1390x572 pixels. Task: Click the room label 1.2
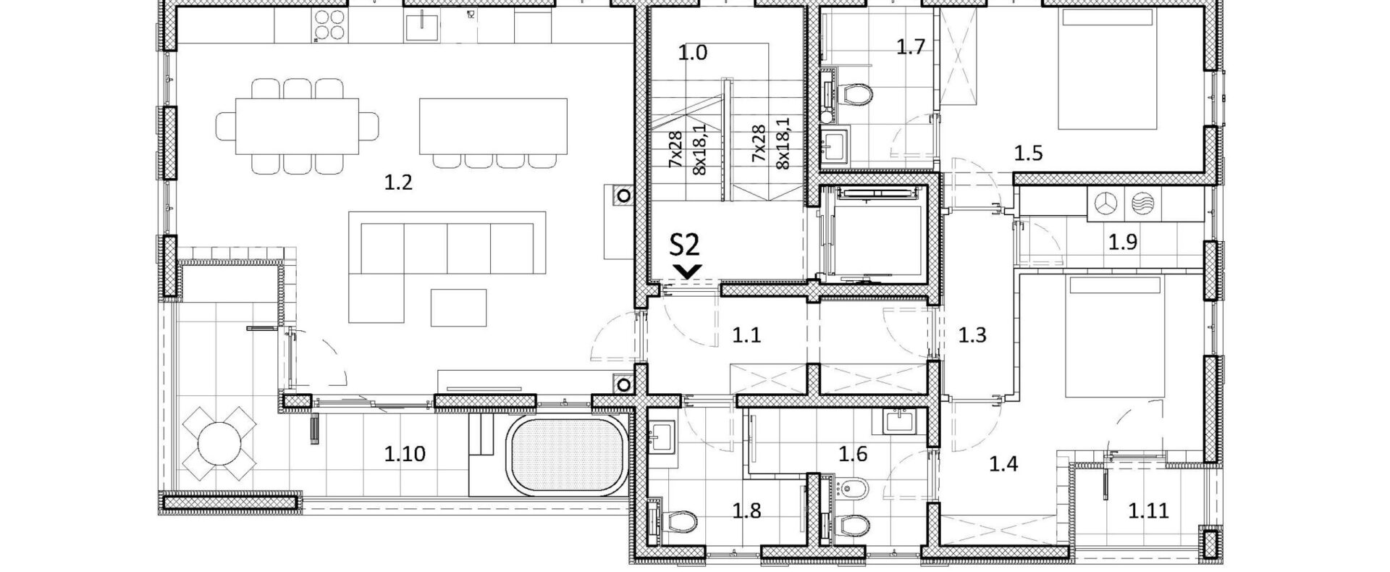tap(398, 182)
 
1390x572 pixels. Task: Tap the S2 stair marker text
tap(684, 245)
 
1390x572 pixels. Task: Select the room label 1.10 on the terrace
tap(405, 454)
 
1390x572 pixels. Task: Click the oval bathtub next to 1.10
tap(566, 456)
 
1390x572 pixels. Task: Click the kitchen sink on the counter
tap(418, 27)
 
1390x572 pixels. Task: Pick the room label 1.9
tap(1123, 242)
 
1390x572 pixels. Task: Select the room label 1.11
tap(1148, 511)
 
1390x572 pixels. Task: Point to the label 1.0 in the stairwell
tap(693, 53)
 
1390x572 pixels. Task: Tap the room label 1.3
tap(972, 335)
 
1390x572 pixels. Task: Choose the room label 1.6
tap(853, 454)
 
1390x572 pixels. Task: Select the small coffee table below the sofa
tap(459, 307)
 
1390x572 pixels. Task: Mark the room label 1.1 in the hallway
tap(746, 335)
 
